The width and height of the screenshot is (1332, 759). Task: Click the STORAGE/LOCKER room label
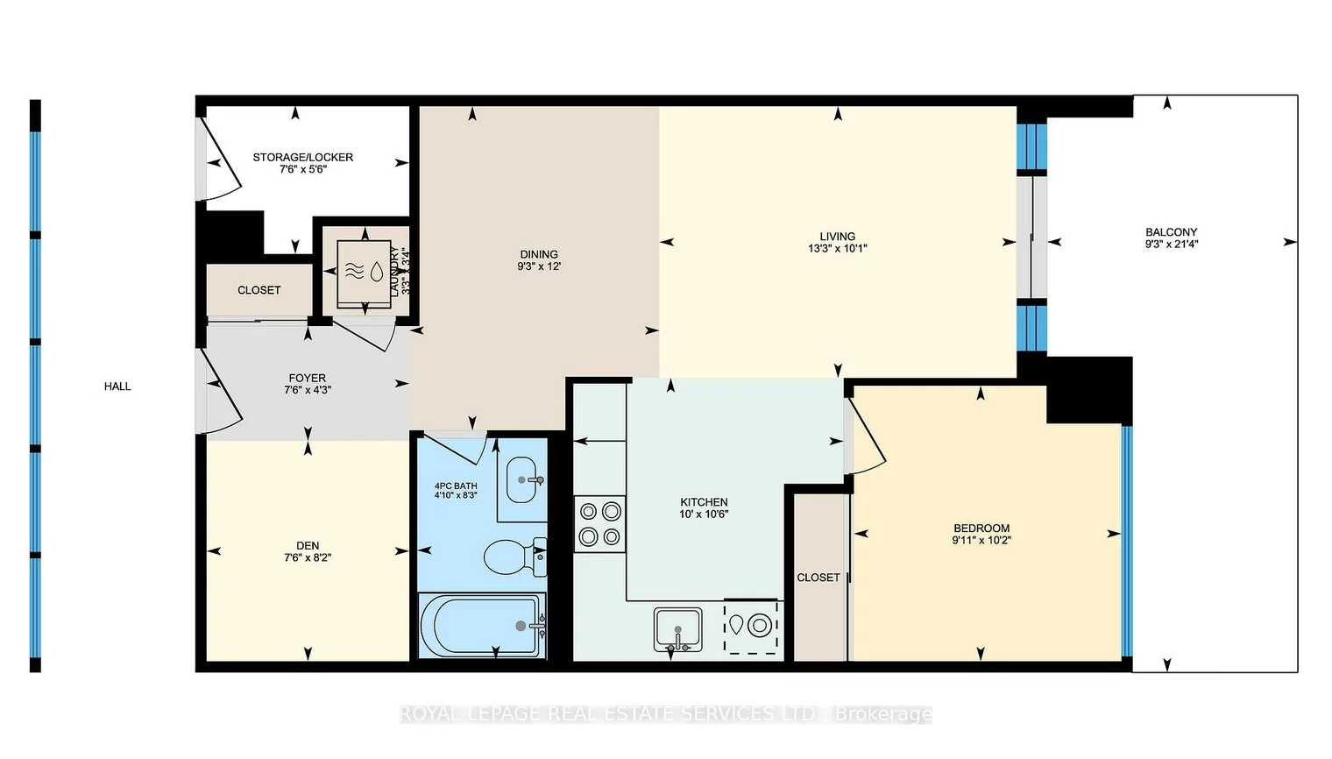[302, 158]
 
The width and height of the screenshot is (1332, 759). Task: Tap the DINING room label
[538, 254]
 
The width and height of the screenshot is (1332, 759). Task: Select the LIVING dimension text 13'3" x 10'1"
[837, 249]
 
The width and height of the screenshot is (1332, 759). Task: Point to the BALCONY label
[1171, 232]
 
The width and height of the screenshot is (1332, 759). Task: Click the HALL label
[117, 387]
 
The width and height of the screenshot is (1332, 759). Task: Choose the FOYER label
[307, 379]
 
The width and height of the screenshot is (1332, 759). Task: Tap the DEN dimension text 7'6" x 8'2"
[308, 557]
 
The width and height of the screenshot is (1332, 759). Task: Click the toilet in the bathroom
[513, 556]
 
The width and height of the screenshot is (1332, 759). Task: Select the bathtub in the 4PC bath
[482, 626]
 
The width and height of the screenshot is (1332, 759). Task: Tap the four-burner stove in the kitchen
[600, 524]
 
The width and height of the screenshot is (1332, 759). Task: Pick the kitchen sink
[677, 629]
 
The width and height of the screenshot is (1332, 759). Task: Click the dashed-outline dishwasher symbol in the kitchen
[751, 627]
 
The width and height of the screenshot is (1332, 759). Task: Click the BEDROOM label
[981, 528]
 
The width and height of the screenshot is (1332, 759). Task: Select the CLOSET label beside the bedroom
[818, 578]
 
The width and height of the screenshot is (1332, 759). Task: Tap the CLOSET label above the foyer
[259, 290]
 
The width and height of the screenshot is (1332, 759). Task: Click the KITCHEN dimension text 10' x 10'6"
[704, 514]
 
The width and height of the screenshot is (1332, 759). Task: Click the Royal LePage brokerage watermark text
[665, 714]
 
